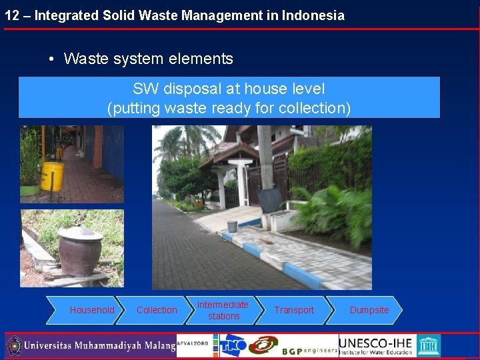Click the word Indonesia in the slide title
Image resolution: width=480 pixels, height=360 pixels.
click(x=313, y=15)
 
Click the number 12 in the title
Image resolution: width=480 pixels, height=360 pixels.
click(x=11, y=15)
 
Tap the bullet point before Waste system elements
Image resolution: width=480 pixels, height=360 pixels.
click(x=51, y=59)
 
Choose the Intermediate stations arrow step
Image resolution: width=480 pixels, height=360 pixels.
click(x=223, y=310)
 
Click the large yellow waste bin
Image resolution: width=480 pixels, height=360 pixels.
click(x=52, y=176)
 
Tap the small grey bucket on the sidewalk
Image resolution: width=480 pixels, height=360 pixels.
click(x=232, y=226)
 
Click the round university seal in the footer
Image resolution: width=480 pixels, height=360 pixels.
click(x=14, y=346)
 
